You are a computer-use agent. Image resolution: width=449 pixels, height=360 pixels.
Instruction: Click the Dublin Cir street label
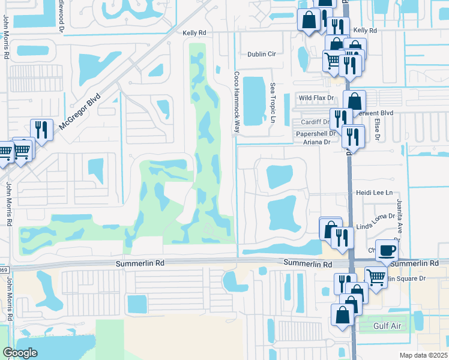coord(262,54)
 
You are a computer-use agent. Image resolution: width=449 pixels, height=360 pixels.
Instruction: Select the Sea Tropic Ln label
coord(272,103)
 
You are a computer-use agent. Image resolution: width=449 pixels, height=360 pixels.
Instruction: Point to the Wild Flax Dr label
coord(316,97)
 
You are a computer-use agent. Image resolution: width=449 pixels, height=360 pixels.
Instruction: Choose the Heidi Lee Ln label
coord(374,193)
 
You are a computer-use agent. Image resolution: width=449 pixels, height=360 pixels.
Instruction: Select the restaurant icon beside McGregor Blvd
coord(41,128)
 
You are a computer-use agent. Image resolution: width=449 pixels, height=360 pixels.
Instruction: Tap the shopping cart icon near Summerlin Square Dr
coord(376,277)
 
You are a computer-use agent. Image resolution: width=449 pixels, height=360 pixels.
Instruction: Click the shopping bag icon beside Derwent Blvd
coord(355,101)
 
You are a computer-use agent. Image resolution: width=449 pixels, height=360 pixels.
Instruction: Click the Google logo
coord(20,353)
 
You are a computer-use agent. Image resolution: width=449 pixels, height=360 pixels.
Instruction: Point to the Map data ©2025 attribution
coord(423,355)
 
